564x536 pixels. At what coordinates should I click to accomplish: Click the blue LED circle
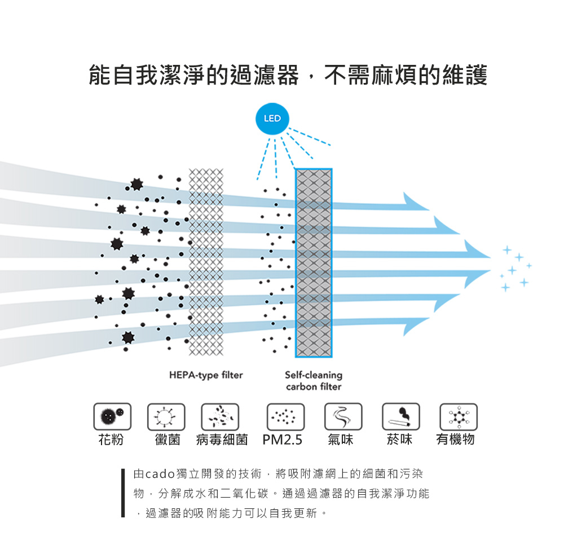coord(272,119)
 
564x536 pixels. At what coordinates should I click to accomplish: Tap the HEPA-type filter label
coord(206,375)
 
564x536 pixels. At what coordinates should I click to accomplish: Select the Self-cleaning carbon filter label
coord(314,381)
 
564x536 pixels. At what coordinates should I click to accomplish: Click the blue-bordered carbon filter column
coord(314,263)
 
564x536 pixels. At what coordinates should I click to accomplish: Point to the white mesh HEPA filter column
coord(206,263)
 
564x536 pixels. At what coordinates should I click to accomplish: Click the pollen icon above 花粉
coord(112,417)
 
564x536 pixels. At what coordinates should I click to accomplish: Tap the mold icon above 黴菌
coord(166,417)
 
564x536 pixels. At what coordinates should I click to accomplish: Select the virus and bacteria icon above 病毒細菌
coord(220,417)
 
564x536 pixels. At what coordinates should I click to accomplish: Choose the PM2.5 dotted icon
coord(285,417)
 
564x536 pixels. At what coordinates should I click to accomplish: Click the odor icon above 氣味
coord(343,417)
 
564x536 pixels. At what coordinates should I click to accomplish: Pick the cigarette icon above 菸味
coord(400,417)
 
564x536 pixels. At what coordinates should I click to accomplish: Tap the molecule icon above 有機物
coord(459,417)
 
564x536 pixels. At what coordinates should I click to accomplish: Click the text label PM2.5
coord(283,440)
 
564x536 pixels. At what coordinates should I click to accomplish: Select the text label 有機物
coord(455,440)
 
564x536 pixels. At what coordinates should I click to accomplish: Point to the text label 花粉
coord(111,440)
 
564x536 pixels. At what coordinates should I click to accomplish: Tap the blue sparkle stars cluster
coord(514,269)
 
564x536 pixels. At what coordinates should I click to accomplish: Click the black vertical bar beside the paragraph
coord(122,492)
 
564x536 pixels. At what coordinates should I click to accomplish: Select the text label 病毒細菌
coord(222,440)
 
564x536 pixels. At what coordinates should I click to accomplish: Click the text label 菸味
coord(399,440)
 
